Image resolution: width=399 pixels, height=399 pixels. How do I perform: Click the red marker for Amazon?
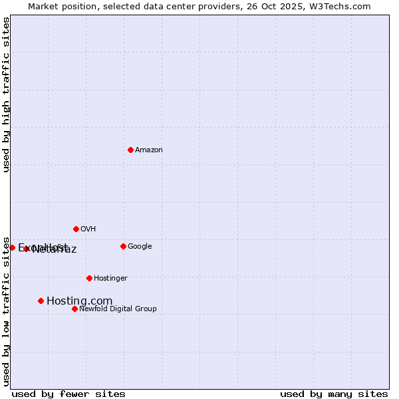tap(130, 150)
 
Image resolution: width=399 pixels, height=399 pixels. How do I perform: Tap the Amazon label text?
tap(149, 150)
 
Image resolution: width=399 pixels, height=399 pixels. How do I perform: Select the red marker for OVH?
tap(76, 229)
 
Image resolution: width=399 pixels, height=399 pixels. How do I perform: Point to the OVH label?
tap(88, 229)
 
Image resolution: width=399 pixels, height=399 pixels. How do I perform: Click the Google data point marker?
tap(123, 246)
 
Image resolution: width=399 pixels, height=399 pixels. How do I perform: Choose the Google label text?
tap(140, 247)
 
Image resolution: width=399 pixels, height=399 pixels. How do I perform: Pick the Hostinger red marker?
tap(89, 278)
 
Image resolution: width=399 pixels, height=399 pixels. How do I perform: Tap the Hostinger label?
tap(110, 279)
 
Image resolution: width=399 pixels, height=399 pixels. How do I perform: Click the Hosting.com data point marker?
tap(41, 301)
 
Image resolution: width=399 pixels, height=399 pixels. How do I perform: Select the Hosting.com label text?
tap(79, 301)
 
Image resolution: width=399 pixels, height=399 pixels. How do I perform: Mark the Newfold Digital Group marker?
tap(74, 309)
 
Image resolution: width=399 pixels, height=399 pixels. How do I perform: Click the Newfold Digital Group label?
tap(118, 309)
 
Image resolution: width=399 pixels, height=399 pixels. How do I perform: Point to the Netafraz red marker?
tap(26, 249)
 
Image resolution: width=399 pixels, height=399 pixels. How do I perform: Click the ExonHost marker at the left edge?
tap(12, 247)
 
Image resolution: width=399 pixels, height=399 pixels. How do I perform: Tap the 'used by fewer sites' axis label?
tap(68, 394)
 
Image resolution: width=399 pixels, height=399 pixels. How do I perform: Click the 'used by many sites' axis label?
tap(334, 394)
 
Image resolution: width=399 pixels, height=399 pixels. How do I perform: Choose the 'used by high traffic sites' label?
tap(6, 95)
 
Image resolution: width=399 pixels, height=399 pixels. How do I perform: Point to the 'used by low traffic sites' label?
tap(6, 311)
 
